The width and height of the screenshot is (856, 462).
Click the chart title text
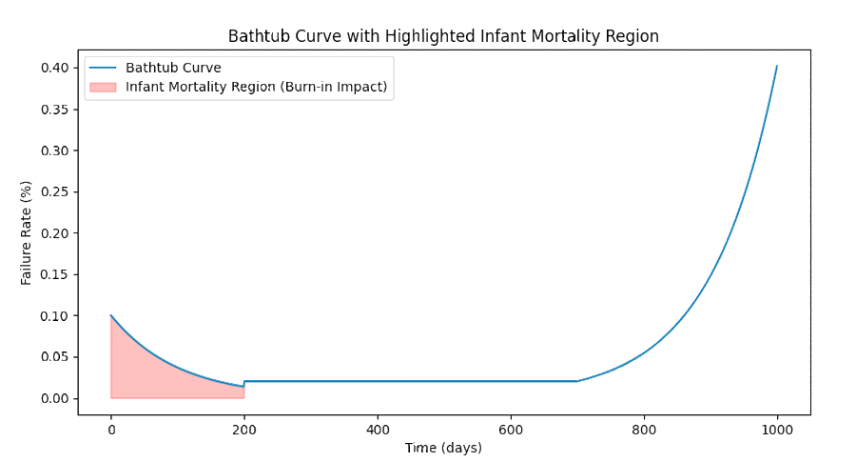(443, 36)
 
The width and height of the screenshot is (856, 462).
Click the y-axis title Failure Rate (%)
(27, 233)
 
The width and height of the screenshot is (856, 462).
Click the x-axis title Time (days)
(443, 448)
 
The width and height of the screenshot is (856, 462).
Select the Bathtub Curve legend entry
(172, 68)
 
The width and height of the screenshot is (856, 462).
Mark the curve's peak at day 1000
(777, 67)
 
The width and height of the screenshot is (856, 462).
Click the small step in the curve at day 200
(244, 384)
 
